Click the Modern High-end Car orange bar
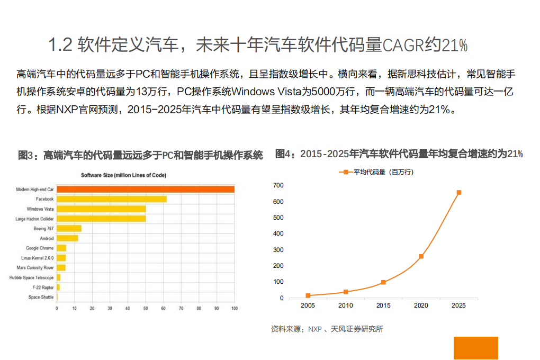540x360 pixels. pyautogui.click(x=146, y=190)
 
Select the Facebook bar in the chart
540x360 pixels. pyautogui.click(x=112, y=199)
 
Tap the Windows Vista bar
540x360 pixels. pyautogui.click(x=101, y=209)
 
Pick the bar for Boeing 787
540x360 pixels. pyautogui.click(x=69, y=228)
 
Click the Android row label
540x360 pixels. pyautogui.click(x=47, y=238)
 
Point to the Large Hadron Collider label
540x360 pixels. pyautogui.click(x=34, y=219)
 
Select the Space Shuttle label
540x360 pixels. pyautogui.click(x=41, y=298)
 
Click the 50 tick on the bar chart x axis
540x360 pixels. pyautogui.click(x=146, y=308)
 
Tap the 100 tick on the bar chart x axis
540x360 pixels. pyautogui.click(x=234, y=308)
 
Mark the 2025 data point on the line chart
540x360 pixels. pyautogui.click(x=458, y=193)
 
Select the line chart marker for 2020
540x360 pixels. pyautogui.click(x=421, y=256)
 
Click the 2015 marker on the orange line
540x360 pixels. pyautogui.click(x=383, y=282)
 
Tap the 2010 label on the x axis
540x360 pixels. pyautogui.click(x=346, y=305)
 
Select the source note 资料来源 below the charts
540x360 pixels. pyautogui.click(x=327, y=329)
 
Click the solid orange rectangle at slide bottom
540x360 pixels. pyautogui.click(x=475, y=348)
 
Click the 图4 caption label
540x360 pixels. pyautogui.click(x=285, y=154)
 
